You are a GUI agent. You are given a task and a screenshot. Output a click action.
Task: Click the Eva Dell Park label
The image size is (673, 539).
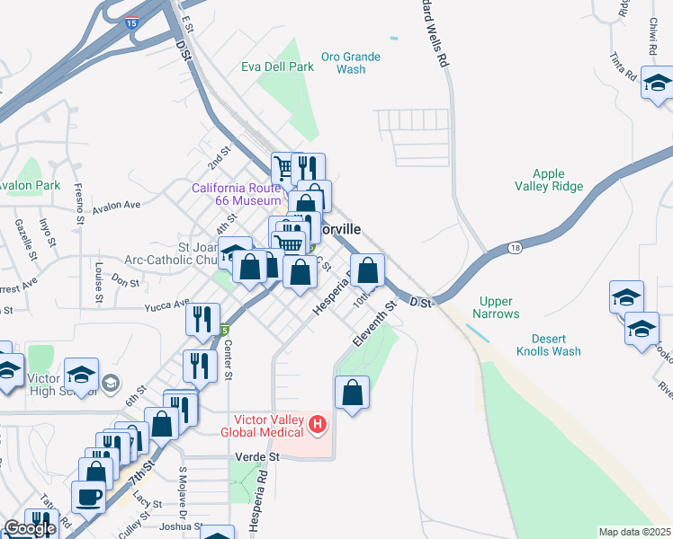click(278, 66)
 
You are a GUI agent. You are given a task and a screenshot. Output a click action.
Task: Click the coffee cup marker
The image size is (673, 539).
click(89, 495)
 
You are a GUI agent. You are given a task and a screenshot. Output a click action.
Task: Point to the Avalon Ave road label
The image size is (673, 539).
click(117, 205)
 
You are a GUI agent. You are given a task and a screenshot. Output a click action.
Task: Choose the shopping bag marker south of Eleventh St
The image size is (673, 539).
click(352, 392)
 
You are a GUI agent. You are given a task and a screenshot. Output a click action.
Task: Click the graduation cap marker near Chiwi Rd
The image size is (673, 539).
click(658, 84)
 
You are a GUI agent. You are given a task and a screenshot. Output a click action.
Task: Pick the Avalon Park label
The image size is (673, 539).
click(31, 186)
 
